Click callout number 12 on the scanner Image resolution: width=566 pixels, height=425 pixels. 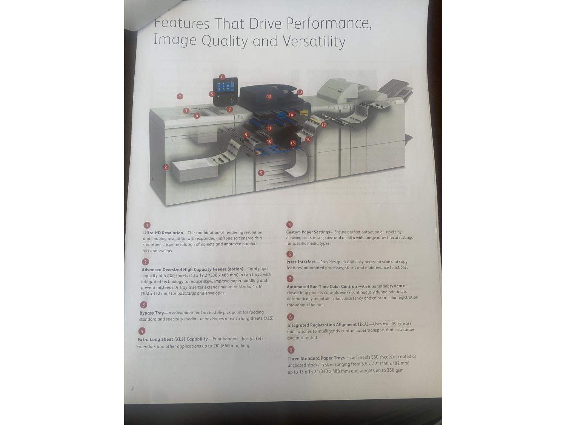click(x=269, y=97)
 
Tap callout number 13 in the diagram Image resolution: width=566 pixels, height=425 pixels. click(x=300, y=92)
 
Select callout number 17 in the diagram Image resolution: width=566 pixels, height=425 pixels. click(x=324, y=125)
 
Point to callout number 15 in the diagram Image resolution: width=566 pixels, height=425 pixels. click(x=292, y=143)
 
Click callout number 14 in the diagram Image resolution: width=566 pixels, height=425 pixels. click(x=291, y=115)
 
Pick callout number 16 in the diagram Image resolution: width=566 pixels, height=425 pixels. click(x=308, y=139)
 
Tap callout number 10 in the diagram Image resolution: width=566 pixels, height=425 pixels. click(x=269, y=141)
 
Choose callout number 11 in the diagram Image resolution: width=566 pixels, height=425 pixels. click(x=269, y=128)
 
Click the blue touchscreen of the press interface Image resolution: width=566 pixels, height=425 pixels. click(x=225, y=87)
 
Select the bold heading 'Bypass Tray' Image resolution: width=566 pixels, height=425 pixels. click(x=152, y=313)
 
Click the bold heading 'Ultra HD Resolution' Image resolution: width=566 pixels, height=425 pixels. click(x=163, y=233)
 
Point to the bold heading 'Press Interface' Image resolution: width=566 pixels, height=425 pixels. click(x=301, y=262)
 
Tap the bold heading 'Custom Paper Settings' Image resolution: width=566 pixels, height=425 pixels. click(x=308, y=232)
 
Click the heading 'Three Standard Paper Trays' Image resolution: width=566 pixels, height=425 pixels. click(x=316, y=358)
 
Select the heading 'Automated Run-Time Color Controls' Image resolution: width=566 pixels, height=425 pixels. click(x=322, y=286)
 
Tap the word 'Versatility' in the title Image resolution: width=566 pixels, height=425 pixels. click(x=314, y=41)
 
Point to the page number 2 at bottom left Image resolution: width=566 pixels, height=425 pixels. click(x=132, y=388)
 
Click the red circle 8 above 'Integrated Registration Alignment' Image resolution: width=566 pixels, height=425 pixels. click(x=290, y=317)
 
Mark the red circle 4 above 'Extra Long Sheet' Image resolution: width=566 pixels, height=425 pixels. click(x=141, y=331)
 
